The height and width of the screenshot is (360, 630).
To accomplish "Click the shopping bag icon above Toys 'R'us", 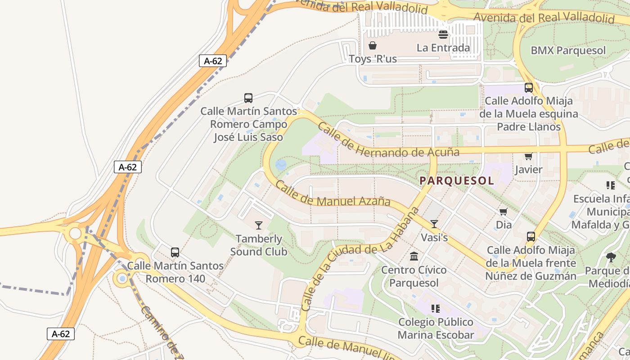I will coord(373,45).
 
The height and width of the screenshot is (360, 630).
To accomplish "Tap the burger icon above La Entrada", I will coord(443,35).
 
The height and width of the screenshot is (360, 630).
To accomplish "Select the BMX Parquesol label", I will coord(568,50).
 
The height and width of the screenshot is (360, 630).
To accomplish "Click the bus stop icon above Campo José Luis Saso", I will coord(248,98).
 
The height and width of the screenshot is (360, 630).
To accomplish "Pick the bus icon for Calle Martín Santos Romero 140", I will coord(175,252).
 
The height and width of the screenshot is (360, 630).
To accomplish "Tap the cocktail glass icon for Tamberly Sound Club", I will coord(259,225).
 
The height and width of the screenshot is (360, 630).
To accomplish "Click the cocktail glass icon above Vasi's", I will coord(434,224).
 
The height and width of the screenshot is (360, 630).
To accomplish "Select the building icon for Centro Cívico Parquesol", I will coord(414,256).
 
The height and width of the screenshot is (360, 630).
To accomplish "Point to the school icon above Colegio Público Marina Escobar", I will coord(436,309).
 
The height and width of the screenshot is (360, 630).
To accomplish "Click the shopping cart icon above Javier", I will coord(528,156).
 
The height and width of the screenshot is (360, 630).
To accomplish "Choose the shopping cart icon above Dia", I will coord(504,211).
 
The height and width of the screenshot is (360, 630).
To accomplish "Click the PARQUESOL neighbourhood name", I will coord(457,181).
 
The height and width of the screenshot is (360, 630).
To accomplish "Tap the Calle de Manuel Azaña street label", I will coord(333,194).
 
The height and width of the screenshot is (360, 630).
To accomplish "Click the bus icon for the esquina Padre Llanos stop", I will coord(529,88).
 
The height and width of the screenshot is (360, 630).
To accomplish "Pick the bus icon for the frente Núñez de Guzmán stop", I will coord(531,237).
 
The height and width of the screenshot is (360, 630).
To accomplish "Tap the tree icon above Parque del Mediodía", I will coord(611,257).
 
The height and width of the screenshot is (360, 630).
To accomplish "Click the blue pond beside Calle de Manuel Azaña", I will coord(281,165).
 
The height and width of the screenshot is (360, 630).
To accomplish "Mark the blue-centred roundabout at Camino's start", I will coord(122,279).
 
